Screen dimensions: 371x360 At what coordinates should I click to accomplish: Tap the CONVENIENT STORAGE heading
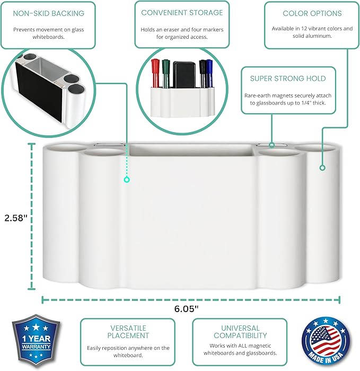[182, 12]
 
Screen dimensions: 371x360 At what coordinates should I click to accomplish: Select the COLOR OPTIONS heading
[312, 13]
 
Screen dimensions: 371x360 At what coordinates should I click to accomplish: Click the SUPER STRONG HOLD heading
[288, 79]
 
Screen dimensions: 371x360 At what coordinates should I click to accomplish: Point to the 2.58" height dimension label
[15, 218]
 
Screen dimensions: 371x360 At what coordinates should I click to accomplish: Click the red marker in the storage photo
[156, 72]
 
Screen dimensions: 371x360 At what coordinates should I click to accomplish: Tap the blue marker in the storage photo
[209, 73]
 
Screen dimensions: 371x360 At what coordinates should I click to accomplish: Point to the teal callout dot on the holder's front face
[127, 180]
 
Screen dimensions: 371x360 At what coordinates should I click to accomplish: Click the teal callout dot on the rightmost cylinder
[322, 168]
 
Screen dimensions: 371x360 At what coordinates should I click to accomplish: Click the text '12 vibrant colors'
[318, 29]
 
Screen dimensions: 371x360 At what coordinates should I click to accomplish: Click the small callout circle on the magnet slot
[271, 144]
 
